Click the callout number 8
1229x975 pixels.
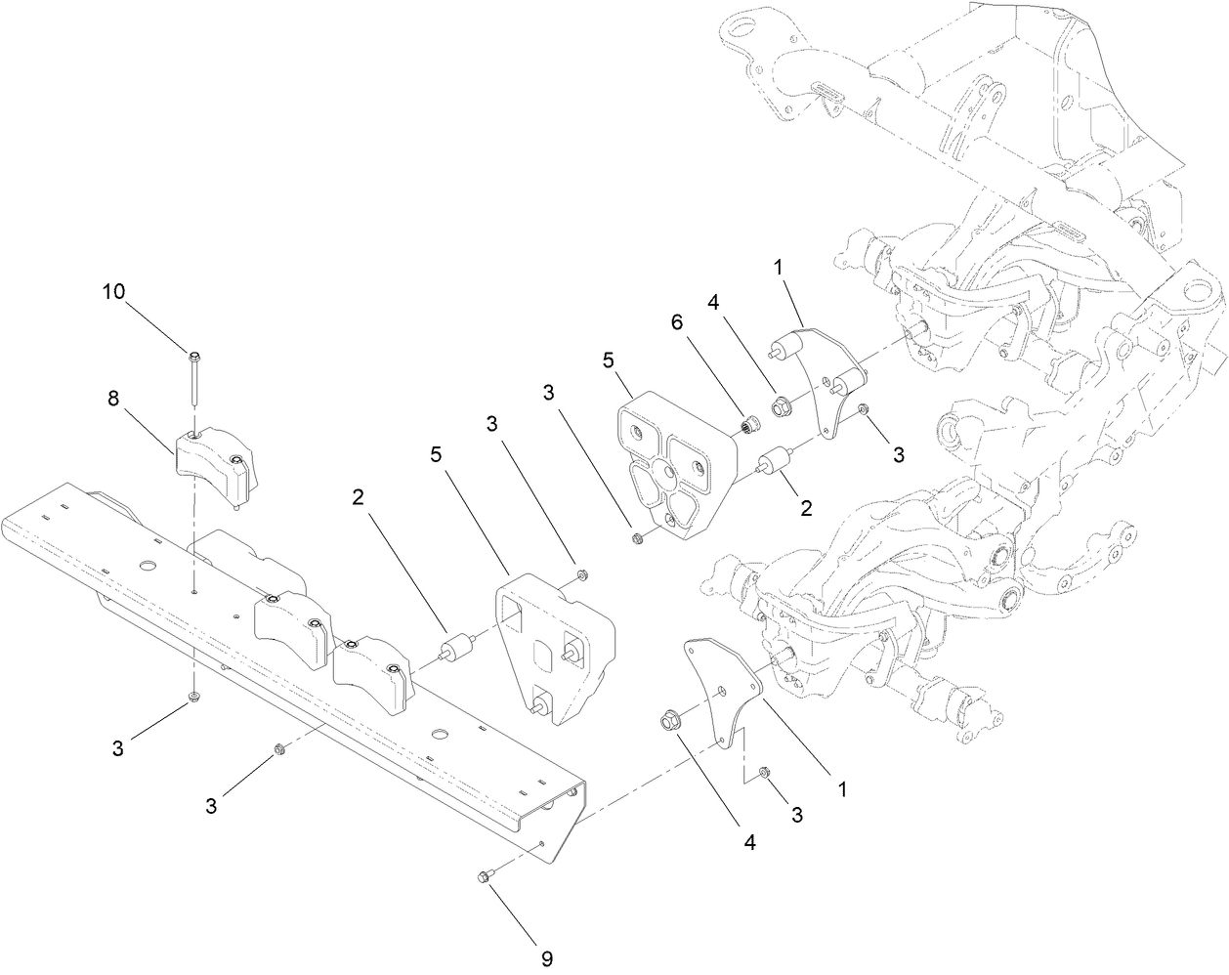(113, 399)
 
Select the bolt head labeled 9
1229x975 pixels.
(487, 879)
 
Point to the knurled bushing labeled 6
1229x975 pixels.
(749, 426)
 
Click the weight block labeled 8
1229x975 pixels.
(215, 463)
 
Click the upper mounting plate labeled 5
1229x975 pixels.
(675, 467)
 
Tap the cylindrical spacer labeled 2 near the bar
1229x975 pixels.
(455, 651)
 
